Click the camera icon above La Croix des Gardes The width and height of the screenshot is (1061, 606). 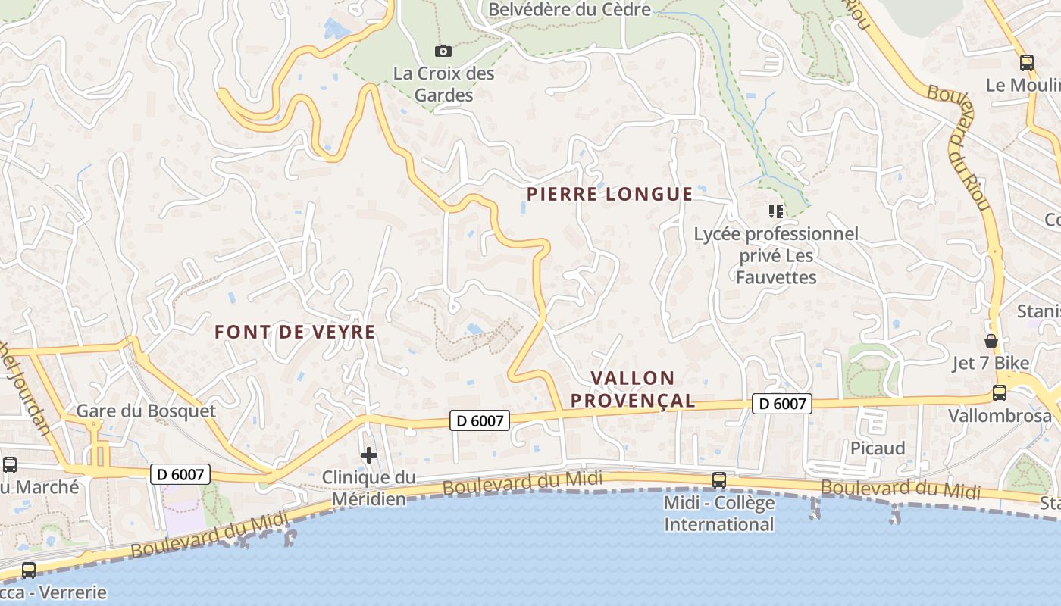pos(443,52)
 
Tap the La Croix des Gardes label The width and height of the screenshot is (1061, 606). pos(443,84)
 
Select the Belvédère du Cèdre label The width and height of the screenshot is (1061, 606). pos(569,10)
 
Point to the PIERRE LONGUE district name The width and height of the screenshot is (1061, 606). pos(609,195)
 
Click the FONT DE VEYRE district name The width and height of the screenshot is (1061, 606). pos(295,332)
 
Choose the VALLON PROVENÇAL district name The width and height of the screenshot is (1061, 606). pos(632,389)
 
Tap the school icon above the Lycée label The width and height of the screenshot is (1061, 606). pos(775,211)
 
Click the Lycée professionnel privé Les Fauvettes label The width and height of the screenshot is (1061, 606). pos(776,255)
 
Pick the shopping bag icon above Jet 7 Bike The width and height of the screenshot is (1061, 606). pos(991,340)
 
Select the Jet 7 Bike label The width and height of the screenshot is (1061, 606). pos(991,363)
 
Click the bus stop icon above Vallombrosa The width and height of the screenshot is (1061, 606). pos(1000,393)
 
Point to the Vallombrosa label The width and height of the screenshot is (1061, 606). pos(1000,415)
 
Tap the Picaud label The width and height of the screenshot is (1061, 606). pos(878,448)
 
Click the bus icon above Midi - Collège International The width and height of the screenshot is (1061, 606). pos(718,479)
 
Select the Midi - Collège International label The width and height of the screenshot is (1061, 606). pos(718,513)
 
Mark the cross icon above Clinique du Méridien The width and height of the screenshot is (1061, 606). pos(369,455)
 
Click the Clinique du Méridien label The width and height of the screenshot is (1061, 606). pos(369,488)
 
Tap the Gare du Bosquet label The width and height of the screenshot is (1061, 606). pos(146,411)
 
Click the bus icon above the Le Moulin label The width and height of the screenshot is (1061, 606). pos(1027,63)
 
